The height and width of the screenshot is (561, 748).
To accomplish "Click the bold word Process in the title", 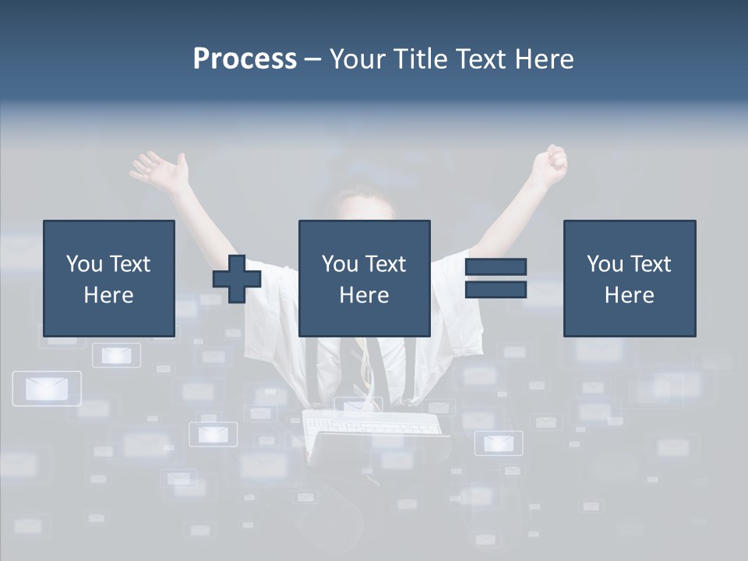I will point(245,59).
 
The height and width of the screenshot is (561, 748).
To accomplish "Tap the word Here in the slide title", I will point(543,59).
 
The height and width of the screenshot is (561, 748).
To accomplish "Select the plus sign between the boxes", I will point(237,279).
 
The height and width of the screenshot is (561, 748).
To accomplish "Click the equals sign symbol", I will point(496,278).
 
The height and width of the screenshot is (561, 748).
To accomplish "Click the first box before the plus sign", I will point(109,278).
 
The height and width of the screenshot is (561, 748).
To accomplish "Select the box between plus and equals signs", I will point(364,278).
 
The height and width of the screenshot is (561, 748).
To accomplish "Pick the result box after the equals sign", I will point(629,278).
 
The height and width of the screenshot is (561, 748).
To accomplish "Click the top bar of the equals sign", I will point(496,267).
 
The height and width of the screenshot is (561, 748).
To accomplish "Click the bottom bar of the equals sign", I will point(496,289).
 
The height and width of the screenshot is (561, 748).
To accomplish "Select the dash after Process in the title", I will point(312,59).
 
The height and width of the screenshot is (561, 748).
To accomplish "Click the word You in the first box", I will point(83,264).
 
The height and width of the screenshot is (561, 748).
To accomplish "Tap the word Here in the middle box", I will point(364,295).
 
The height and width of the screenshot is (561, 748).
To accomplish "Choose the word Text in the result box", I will point(650,264).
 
